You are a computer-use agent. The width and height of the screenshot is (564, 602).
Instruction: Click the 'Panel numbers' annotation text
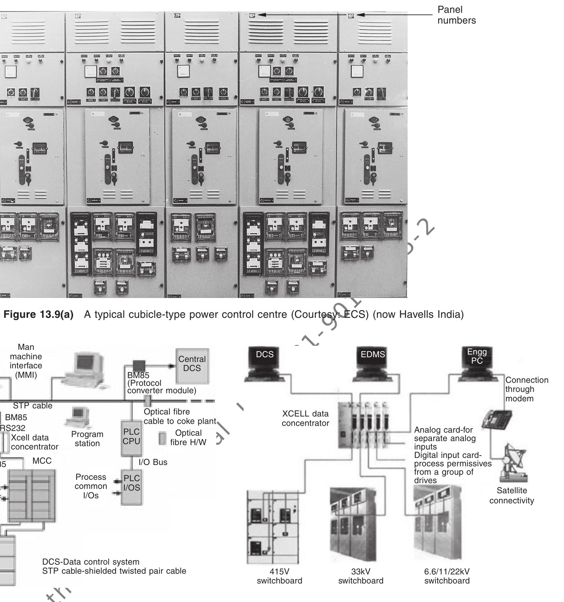(x=456, y=15)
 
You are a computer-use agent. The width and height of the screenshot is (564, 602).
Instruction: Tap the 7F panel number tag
(x=177, y=15)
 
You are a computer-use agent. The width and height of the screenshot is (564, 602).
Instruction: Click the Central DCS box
(x=192, y=366)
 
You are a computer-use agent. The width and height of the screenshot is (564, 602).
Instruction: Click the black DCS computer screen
(x=265, y=358)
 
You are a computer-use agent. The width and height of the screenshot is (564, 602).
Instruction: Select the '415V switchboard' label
(x=279, y=576)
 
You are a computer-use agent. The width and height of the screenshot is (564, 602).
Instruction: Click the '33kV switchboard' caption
(x=361, y=576)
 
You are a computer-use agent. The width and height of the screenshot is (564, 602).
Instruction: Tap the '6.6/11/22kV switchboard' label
(x=447, y=576)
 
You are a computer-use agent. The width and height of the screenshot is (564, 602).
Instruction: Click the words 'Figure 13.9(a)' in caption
(x=38, y=314)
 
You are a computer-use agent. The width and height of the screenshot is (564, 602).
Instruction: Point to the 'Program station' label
(x=87, y=439)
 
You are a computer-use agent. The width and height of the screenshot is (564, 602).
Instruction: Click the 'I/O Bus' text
(x=153, y=462)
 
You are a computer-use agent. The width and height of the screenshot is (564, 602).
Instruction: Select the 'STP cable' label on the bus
(x=33, y=406)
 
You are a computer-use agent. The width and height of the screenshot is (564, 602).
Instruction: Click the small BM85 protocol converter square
(x=139, y=366)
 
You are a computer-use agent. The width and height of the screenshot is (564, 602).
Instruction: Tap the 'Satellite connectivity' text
(x=512, y=495)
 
